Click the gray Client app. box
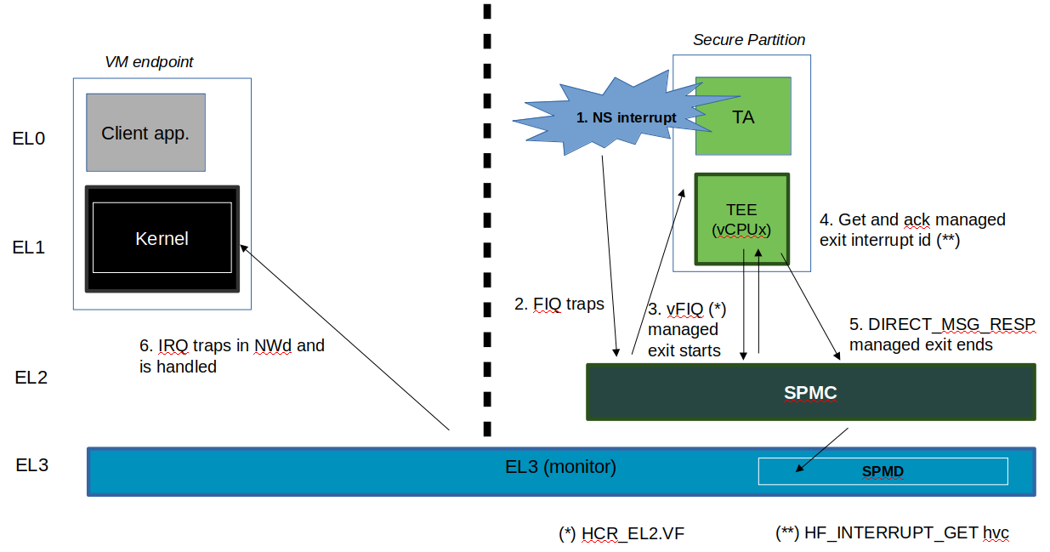pyautogui.click(x=145, y=133)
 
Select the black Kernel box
pyautogui.click(x=162, y=238)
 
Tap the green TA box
pyautogui.click(x=743, y=117)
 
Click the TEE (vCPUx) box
pyautogui.click(x=741, y=219)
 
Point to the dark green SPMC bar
pyautogui.click(x=810, y=392)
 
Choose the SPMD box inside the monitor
pyautogui.click(x=883, y=471)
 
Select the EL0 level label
pyautogui.click(x=28, y=138)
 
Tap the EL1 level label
pyautogui.click(x=28, y=248)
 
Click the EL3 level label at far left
pyautogui.click(x=31, y=465)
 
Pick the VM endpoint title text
pyautogui.click(x=149, y=62)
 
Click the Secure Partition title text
pyautogui.click(x=748, y=40)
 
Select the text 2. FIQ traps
pyautogui.click(x=559, y=304)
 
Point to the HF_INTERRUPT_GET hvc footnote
pyautogui.click(x=892, y=533)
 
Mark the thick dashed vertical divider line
pyautogui.click(x=487, y=221)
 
